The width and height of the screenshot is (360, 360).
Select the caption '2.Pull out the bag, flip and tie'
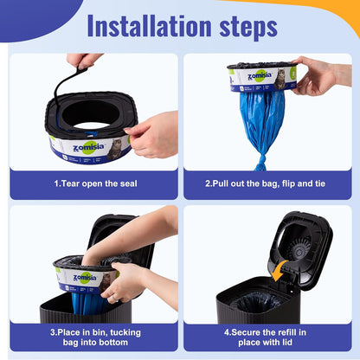pyautogui.click(x=267, y=183)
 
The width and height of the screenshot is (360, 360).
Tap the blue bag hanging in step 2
pyautogui.click(x=263, y=121)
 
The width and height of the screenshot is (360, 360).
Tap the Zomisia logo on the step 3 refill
pyautogui.click(x=84, y=278)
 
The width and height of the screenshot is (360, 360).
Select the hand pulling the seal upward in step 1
pyautogui.click(x=84, y=60)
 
